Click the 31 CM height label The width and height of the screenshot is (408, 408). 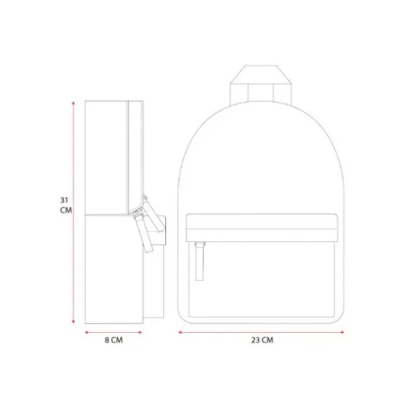click(x=66, y=205)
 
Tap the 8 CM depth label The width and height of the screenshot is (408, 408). click(x=113, y=340)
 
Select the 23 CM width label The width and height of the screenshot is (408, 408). click(x=262, y=340)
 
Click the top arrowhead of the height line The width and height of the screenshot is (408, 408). click(x=73, y=103)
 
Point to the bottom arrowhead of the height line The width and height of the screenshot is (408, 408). click(x=73, y=322)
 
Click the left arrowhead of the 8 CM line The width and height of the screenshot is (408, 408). click(x=87, y=332)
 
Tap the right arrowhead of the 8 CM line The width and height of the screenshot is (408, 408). click(x=140, y=332)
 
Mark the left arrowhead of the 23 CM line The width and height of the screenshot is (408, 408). click(x=180, y=332)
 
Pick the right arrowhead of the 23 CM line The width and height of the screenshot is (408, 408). click(x=342, y=332)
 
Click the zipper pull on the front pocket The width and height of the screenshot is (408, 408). click(x=199, y=261)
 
